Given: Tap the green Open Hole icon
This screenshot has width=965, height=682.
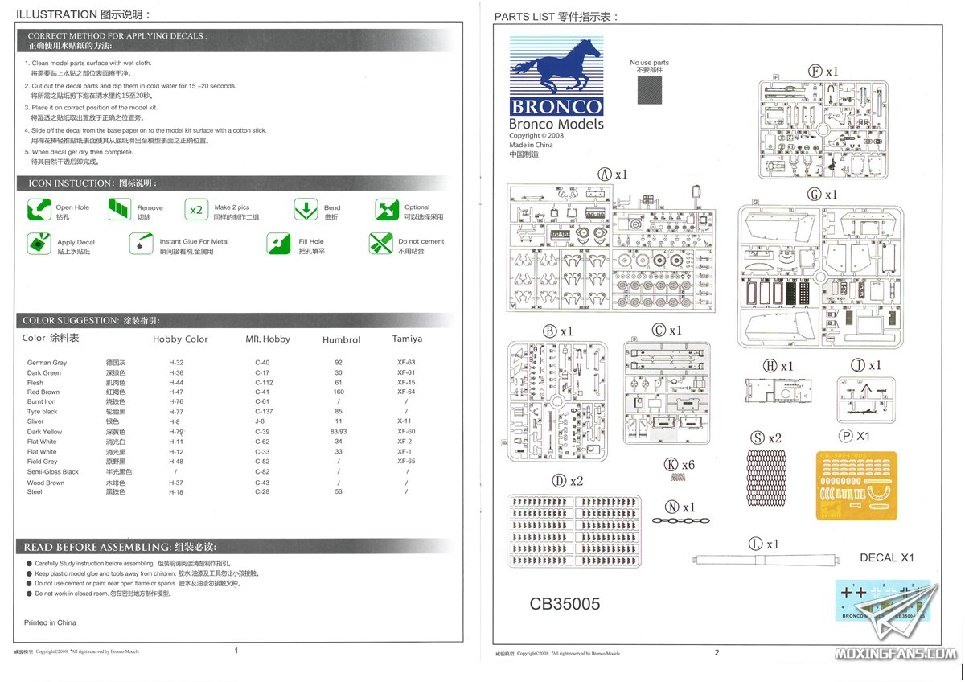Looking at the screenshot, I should pos(39,212).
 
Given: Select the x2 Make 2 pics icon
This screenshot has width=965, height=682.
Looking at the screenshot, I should pos(196,211).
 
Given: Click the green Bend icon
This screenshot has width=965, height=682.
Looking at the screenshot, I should pos(306,211).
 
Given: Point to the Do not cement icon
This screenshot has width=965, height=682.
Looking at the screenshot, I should pos(380,244).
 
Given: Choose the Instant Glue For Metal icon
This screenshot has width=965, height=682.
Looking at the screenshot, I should pos(141,243).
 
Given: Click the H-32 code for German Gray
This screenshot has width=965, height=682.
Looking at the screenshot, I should pos(176,363).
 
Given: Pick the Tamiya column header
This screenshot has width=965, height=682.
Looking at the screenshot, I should pos(407,339).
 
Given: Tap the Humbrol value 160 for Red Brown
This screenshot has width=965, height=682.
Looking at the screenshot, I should pos(339,392).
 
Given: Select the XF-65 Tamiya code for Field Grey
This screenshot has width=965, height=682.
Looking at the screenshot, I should pos(406,462).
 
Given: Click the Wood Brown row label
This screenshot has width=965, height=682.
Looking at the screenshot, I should pos(46,483).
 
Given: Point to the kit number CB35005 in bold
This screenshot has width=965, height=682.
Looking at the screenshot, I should pos(565,604).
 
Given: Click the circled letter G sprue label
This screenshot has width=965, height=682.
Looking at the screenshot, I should pos(815,195).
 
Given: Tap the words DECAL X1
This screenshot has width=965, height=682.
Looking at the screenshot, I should pos(887,557).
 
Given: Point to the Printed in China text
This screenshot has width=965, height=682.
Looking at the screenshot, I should pos(50,622).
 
